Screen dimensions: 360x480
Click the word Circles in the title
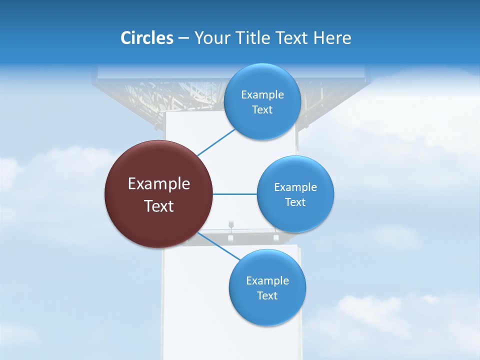[x=147, y=38]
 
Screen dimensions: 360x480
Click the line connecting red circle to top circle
[x=216, y=142]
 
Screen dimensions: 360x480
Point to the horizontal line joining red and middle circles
[x=234, y=194]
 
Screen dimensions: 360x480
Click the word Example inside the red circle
[x=158, y=184]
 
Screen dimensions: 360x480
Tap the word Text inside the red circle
[x=158, y=206]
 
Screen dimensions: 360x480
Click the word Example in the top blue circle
[x=262, y=95]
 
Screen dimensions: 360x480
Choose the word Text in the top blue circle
[x=262, y=110]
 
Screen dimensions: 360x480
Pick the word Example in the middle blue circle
[x=295, y=187]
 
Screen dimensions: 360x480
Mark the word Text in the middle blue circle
[x=295, y=202]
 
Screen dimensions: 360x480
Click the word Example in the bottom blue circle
[x=267, y=281]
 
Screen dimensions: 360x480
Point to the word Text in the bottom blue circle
[x=267, y=296]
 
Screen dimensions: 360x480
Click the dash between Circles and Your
[x=183, y=38]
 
